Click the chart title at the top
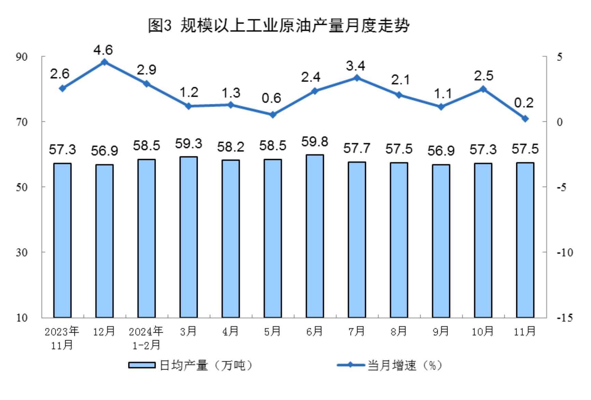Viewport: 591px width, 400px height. (x=278, y=25)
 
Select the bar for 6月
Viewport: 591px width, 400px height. (x=315, y=236)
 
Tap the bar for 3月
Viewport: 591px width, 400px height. (x=188, y=237)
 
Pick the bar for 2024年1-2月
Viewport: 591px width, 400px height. (x=146, y=238)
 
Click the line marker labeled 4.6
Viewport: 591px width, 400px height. (x=104, y=62)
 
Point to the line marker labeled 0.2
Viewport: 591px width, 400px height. (x=525, y=119)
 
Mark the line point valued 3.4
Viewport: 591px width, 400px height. (x=357, y=78)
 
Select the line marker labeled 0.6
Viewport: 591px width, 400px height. (x=272, y=115)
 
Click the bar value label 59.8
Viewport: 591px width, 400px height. (x=314, y=142)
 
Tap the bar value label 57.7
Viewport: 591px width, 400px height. (x=357, y=148)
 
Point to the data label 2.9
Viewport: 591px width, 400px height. (x=146, y=70)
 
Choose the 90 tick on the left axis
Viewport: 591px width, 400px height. (x=22, y=57)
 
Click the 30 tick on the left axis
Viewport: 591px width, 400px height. (x=22, y=252)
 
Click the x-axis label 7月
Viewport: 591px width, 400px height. (x=357, y=331)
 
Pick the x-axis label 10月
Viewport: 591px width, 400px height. (x=483, y=331)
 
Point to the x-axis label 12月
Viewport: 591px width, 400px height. (x=104, y=331)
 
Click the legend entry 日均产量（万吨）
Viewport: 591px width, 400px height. (x=191, y=365)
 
